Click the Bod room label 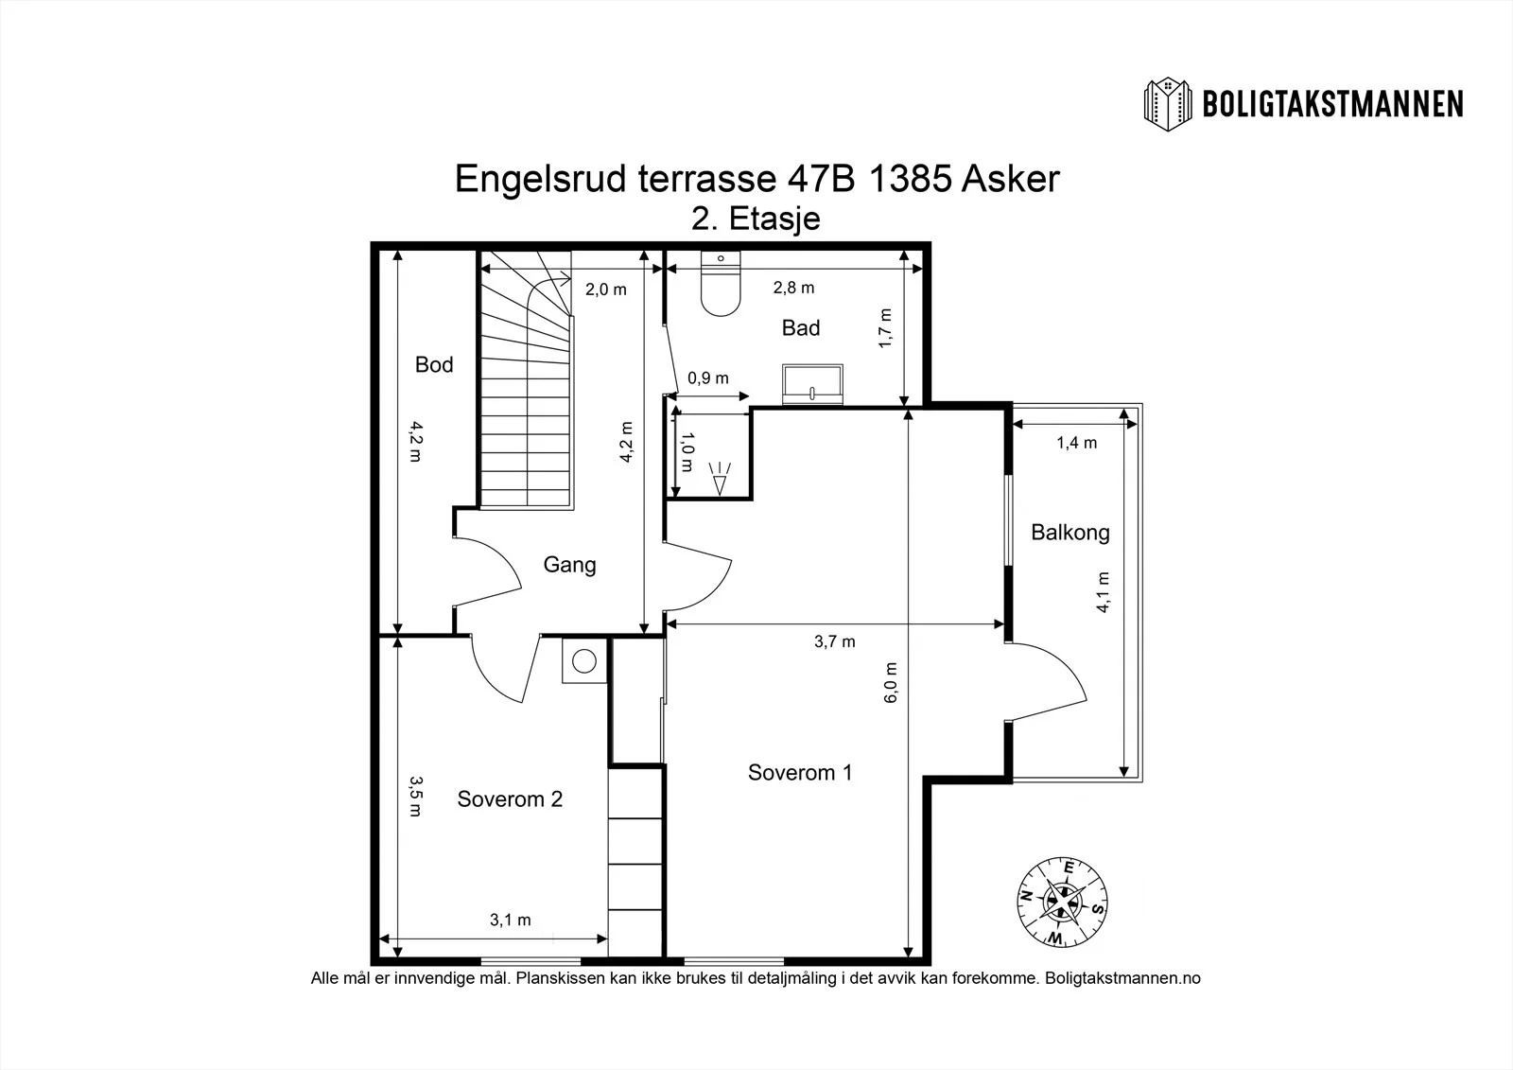(434, 365)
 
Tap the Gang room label (569, 565)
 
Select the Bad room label (800, 328)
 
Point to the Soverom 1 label (800, 773)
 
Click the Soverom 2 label (510, 798)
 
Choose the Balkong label (1070, 533)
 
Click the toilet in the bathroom (721, 284)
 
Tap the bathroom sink (812, 385)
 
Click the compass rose (1062, 903)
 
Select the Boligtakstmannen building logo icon (1168, 104)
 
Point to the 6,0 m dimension (891, 683)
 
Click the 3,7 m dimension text (835, 641)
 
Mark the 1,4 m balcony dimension (1077, 443)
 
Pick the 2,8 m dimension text (793, 288)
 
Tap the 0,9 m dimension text (708, 377)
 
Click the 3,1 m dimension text (510, 920)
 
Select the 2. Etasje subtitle (756, 219)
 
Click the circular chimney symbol (584, 661)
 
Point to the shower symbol (720, 478)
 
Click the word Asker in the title (1011, 179)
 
